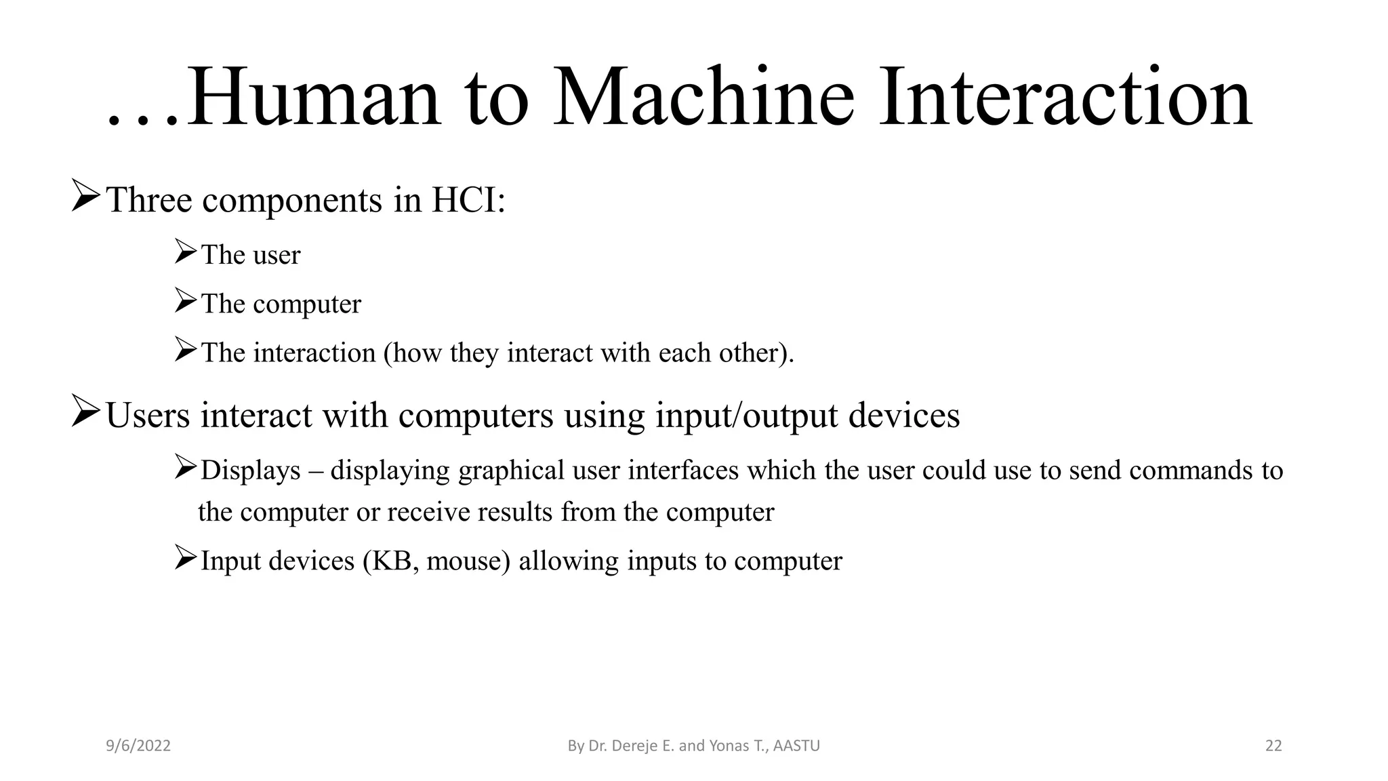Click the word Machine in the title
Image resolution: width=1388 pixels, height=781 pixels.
tap(703, 98)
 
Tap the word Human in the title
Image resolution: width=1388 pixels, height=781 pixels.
tap(313, 98)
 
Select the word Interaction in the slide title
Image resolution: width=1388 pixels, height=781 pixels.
tap(1065, 98)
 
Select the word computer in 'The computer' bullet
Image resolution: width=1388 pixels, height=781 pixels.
tap(307, 304)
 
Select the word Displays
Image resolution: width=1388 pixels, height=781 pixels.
tap(251, 470)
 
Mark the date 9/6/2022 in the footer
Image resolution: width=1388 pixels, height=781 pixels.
tap(138, 746)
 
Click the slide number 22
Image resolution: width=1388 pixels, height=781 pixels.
tap(1273, 746)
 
